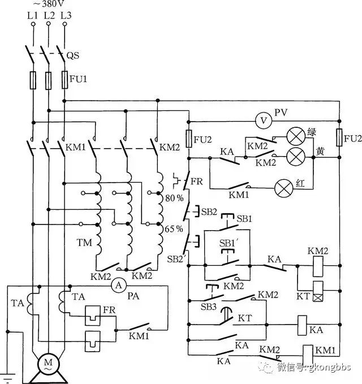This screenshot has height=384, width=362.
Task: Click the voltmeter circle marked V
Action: pyautogui.click(x=264, y=120)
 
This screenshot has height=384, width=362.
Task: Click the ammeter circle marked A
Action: pyautogui.click(x=119, y=285)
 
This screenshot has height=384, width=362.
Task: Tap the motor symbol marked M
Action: pyautogui.click(x=48, y=363)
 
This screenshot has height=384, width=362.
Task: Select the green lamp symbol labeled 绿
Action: pyautogui.click(x=296, y=136)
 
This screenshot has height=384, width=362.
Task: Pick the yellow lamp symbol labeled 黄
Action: pyautogui.click(x=296, y=157)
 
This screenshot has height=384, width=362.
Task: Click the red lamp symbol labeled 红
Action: pyautogui.click(x=284, y=188)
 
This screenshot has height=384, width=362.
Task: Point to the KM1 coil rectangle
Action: pyautogui.click(x=308, y=355)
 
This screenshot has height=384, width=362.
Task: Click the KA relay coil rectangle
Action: pyautogui.click(x=302, y=325)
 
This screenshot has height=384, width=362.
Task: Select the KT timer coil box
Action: pyautogui.click(x=318, y=291)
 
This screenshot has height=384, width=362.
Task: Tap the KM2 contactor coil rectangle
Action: pyautogui.click(x=318, y=267)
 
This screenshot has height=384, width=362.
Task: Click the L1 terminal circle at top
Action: pyautogui.click(x=33, y=24)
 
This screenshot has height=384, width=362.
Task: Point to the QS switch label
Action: pyautogui.click(x=73, y=55)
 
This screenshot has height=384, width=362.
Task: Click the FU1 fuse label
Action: pyautogui.click(x=79, y=79)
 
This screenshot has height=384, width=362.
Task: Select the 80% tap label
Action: pyautogui.click(x=174, y=198)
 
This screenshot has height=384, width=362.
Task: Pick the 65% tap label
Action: pyautogui.click(x=174, y=228)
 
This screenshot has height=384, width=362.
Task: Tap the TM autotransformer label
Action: pyautogui.click(x=84, y=243)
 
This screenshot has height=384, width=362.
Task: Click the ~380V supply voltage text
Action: pyautogui.click(x=49, y=3)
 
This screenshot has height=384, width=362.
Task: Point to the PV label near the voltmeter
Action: pyautogui.click(x=281, y=113)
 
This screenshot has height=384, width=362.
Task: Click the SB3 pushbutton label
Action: pyautogui.click(x=209, y=307)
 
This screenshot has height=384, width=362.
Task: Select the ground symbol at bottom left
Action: pyautogui.click(x=7, y=378)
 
